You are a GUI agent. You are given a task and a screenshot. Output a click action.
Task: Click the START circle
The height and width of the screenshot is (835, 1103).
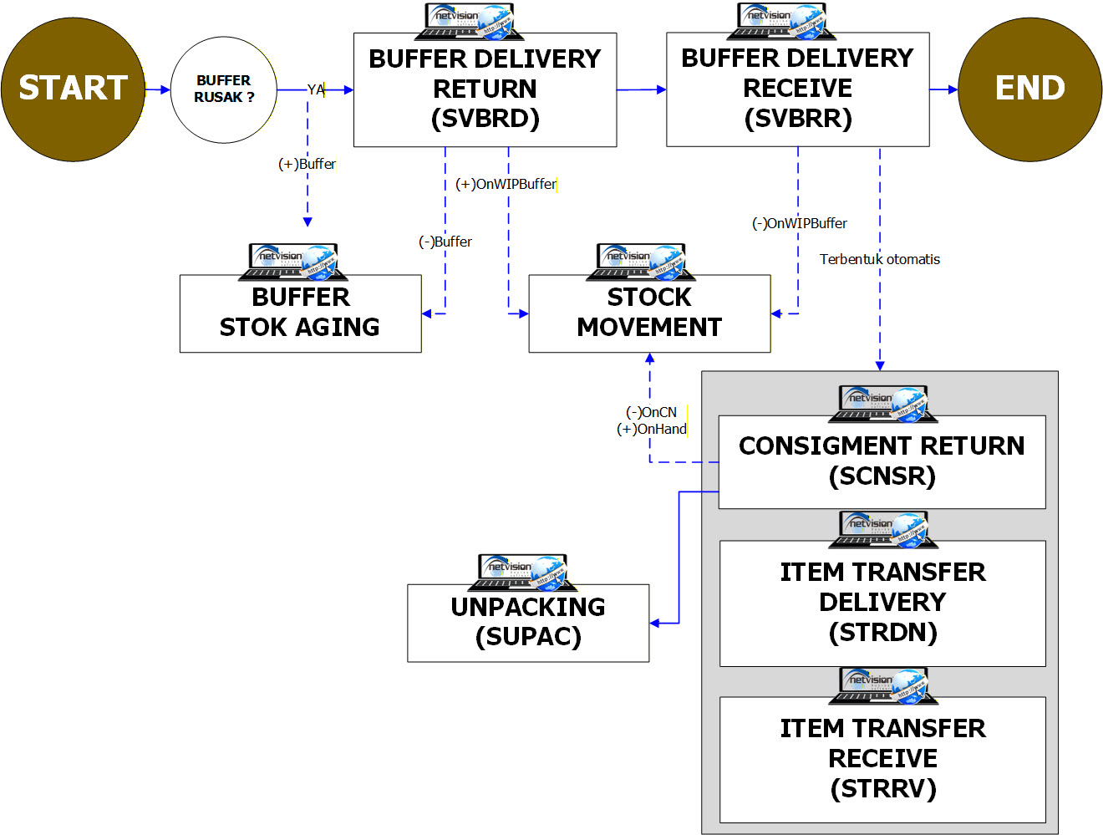73,89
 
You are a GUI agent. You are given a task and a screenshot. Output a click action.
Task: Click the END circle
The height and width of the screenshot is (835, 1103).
1029,89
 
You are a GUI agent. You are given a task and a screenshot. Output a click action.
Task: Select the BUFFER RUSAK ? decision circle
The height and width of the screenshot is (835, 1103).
224,89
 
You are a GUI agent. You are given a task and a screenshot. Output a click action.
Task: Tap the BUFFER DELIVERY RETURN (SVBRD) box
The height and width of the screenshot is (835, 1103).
485,89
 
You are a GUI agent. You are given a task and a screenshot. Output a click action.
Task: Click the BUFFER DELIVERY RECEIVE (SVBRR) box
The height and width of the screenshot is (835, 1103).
797,89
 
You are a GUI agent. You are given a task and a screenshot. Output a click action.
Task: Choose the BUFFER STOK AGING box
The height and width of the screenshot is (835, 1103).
300,313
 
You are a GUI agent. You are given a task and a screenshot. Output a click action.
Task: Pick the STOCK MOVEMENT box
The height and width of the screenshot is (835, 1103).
649,313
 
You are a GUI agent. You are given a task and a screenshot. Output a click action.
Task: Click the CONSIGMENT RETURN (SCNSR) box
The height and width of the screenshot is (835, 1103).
882,461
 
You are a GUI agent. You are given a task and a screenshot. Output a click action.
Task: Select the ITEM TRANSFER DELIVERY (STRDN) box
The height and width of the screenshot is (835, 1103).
882,603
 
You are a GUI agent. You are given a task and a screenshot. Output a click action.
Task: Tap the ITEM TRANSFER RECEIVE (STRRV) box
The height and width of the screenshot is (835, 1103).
882,759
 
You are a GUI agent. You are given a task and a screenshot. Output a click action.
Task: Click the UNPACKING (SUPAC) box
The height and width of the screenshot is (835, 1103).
528,623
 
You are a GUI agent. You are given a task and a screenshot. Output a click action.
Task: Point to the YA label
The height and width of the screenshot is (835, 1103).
316,89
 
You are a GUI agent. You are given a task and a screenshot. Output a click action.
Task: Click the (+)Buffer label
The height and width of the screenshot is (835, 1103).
307,164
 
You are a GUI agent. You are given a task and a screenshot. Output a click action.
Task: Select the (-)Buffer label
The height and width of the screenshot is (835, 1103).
445,242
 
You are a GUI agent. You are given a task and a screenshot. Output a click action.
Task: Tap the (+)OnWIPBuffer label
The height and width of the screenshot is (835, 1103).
506,184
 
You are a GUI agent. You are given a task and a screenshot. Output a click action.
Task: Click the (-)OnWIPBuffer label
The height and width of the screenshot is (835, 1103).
800,223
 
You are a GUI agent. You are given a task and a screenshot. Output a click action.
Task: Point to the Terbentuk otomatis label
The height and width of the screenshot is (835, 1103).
879,259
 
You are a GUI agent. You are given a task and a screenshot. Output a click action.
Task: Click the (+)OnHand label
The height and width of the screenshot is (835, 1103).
652,429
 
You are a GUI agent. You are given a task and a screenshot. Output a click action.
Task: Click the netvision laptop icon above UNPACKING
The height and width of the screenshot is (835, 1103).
522,572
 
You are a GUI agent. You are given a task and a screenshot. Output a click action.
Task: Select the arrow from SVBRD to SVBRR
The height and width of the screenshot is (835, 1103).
642,89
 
